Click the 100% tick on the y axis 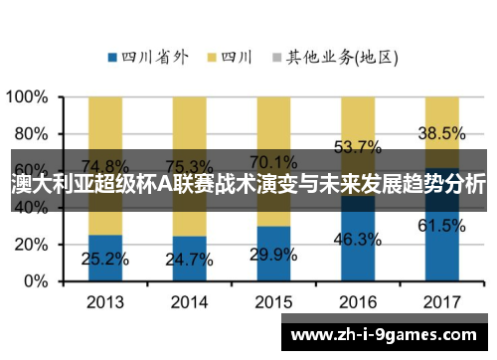(x=27, y=97)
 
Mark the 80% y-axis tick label (x=31, y=134)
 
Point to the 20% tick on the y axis (x=31, y=245)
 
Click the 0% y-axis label (x=36, y=281)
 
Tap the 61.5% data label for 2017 (x=441, y=226)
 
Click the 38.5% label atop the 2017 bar (x=441, y=132)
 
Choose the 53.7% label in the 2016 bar (x=358, y=146)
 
